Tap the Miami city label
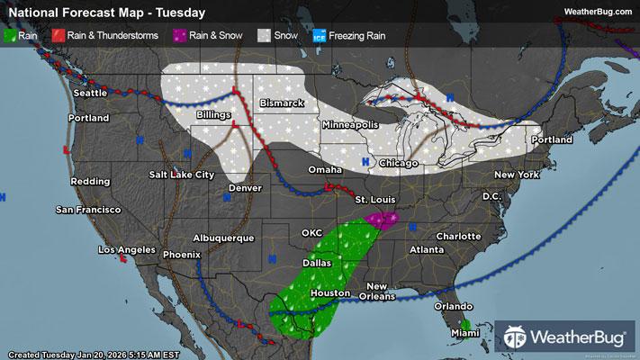[464, 335]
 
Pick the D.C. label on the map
[491, 195]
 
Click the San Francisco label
[87, 210]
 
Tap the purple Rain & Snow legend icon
[179, 35]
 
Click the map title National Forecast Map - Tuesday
[105, 13]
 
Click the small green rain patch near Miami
[465, 323]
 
